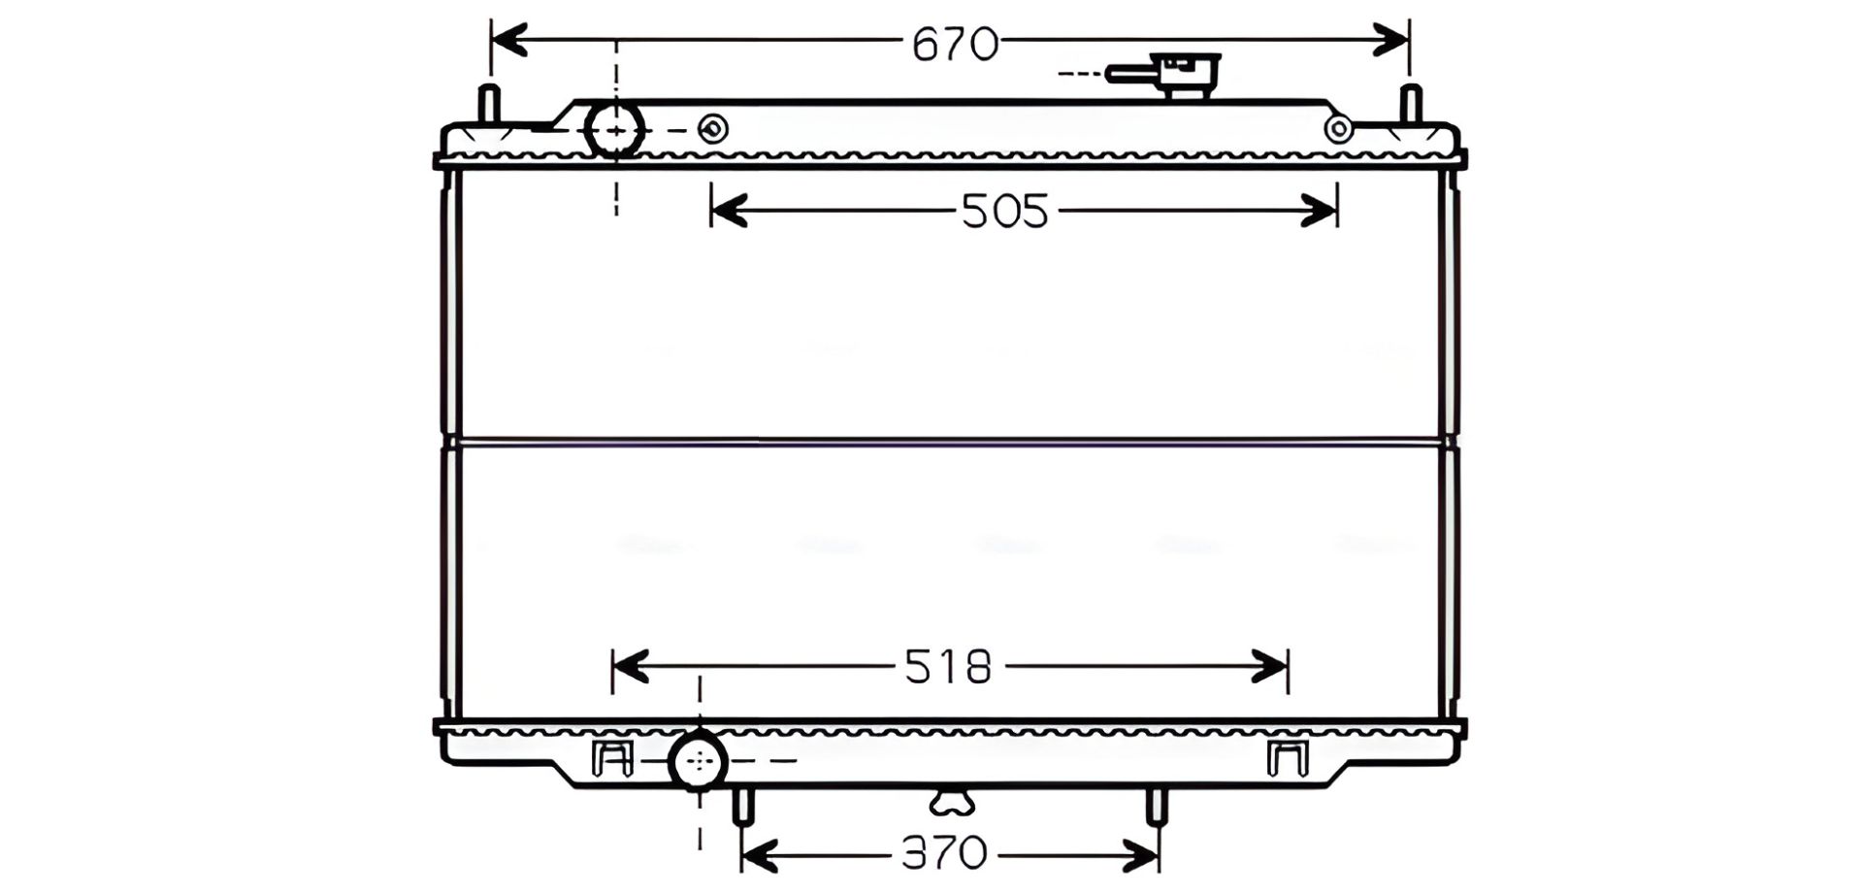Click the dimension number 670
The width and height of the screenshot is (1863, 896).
pyautogui.click(x=955, y=45)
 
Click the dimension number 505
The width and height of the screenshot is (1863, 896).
pyautogui.click(x=1004, y=211)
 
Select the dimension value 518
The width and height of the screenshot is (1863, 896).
pyautogui.click(x=948, y=667)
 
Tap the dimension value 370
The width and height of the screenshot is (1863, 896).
pyautogui.click(x=944, y=853)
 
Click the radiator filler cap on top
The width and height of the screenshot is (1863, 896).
pyautogui.click(x=1164, y=74)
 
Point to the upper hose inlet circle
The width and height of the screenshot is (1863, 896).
pyautogui.click(x=615, y=129)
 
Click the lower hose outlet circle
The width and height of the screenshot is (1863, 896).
pyautogui.click(x=699, y=761)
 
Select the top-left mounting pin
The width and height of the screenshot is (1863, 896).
pyautogui.click(x=489, y=104)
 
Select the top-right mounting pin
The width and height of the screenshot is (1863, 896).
pyautogui.click(x=1411, y=104)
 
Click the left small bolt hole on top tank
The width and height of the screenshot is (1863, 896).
pyautogui.click(x=713, y=129)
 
